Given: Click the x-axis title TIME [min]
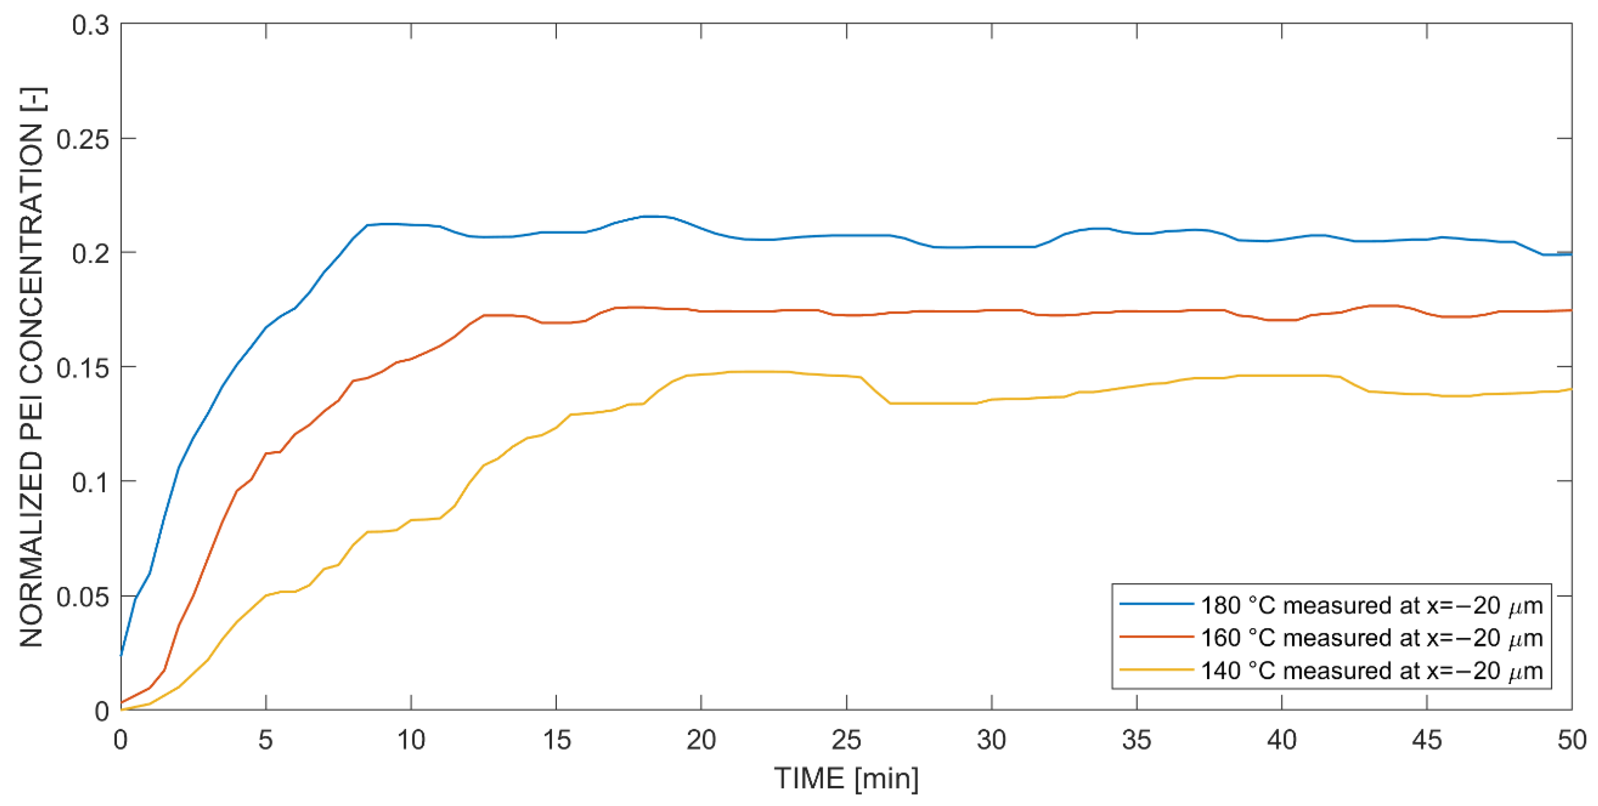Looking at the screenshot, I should (846, 778).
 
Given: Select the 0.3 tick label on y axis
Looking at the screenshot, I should (90, 25).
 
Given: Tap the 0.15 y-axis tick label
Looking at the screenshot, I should (82, 368).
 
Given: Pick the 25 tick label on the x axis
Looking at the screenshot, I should (846, 740).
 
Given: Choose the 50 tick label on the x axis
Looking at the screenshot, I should (1571, 740).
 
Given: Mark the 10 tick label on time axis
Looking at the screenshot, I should (411, 740).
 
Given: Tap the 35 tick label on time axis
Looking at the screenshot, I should (1137, 740).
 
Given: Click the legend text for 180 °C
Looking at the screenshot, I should (1371, 605).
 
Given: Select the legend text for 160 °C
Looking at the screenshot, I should (1371, 638).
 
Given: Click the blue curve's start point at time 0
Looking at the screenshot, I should (122, 655).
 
